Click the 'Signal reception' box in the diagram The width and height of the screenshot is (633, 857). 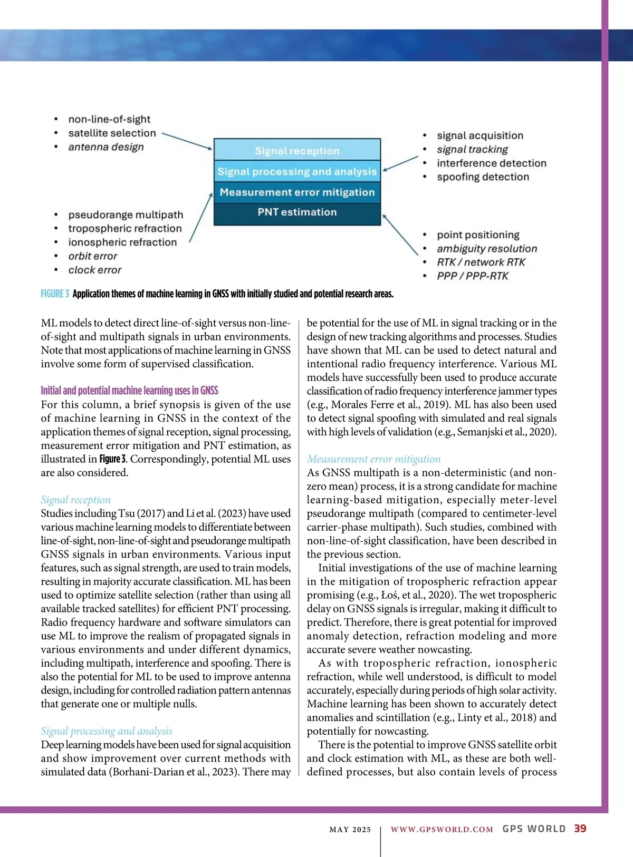click(x=297, y=151)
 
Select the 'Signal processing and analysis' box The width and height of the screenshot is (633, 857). click(x=297, y=172)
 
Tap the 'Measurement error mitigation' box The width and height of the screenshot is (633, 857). click(x=297, y=192)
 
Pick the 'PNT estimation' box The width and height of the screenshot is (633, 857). click(x=297, y=212)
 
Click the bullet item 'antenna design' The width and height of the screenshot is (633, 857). click(x=105, y=147)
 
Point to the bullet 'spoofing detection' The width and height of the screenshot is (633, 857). click(x=483, y=177)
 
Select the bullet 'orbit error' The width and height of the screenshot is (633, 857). click(x=93, y=256)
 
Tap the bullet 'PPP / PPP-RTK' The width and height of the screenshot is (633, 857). click(x=472, y=276)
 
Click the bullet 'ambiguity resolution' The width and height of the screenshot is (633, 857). click(x=486, y=249)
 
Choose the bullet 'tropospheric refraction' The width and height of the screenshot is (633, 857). click(x=124, y=229)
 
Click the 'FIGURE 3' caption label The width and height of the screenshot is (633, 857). click(x=55, y=294)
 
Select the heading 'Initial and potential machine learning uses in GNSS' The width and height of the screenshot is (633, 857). click(x=129, y=391)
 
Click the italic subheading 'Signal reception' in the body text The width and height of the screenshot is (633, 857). click(x=76, y=500)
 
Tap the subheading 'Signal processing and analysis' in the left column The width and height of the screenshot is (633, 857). click(x=107, y=731)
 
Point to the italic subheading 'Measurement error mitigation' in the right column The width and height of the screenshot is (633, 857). click(x=373, y=459)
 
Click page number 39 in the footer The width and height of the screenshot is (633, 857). click(x=580, y=829)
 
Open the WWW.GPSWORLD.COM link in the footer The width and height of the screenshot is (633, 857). click(x=442, y=830)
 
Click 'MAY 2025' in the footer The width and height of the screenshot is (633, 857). click(x=350, y=830)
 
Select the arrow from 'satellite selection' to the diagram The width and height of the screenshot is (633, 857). click(x=187, y=141)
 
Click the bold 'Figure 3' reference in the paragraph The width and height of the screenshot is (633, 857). click(x=113, y=459)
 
